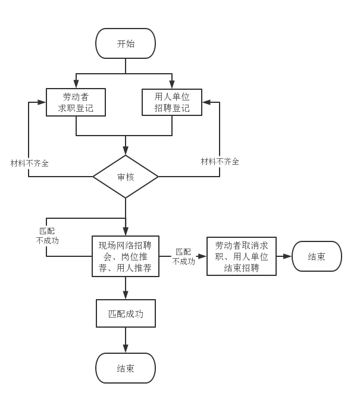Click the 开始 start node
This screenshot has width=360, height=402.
[126, 43]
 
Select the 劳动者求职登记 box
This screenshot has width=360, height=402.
[76, 102]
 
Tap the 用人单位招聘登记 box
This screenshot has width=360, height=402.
[172, 102]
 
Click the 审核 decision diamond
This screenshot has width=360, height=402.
[126, 177]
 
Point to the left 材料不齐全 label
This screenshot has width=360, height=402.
[29, 162]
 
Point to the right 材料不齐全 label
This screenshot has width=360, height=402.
[220, 161]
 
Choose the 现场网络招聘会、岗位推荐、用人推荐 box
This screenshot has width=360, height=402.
[126, 256]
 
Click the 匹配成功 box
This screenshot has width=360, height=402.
[126, 313]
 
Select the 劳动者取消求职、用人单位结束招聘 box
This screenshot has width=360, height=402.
[242, 256]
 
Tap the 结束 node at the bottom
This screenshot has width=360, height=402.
[126, 368]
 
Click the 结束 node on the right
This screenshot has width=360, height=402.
[317, 256]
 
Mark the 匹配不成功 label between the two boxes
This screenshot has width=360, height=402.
[183, 256]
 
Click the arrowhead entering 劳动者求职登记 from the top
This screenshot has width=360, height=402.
[76, 85]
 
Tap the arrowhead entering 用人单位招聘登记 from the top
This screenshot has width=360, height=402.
[172, 85]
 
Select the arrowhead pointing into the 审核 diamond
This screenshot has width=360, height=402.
[126, 152]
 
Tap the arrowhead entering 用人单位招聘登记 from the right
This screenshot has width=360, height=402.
[206, 102]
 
